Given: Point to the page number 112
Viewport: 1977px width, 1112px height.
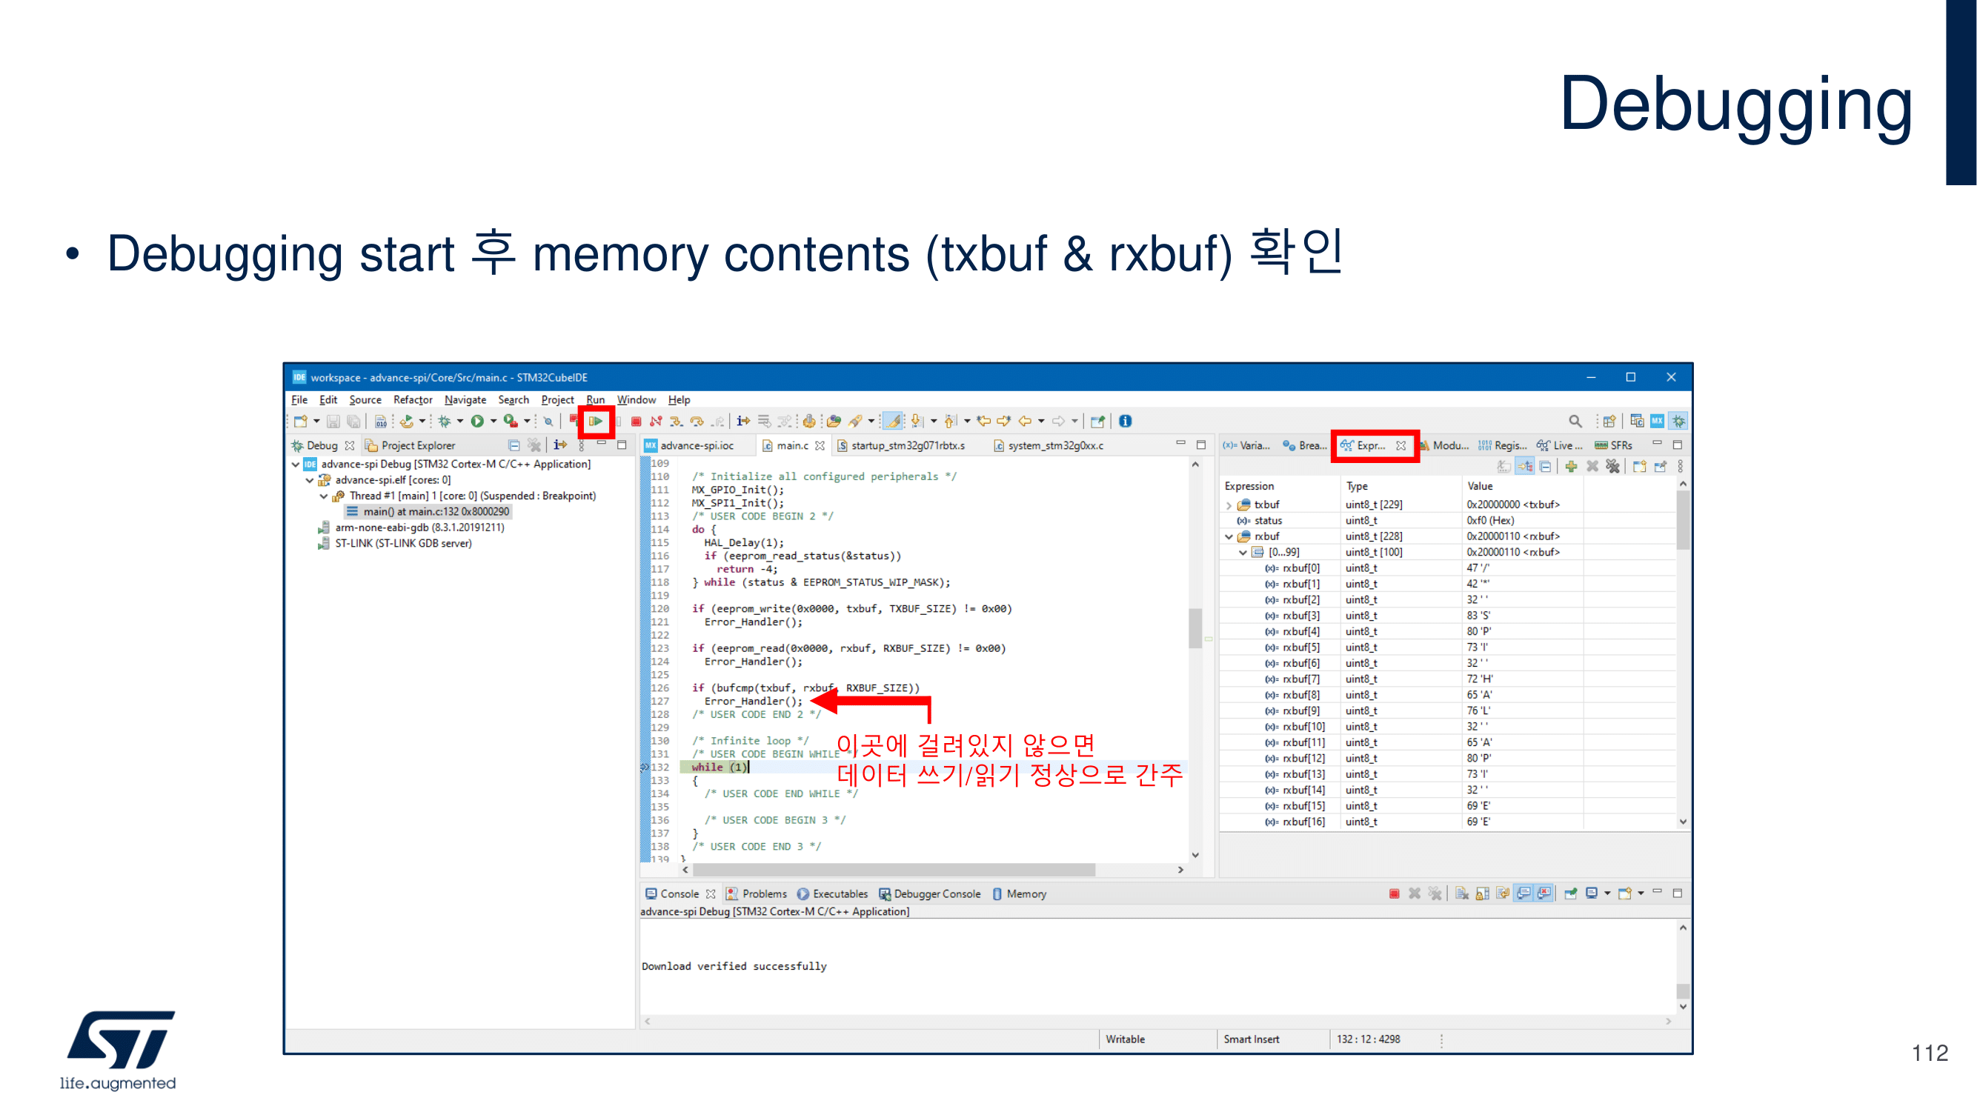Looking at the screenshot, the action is point(1929,1052).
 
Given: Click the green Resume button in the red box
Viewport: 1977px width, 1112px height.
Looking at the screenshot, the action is point(596,421).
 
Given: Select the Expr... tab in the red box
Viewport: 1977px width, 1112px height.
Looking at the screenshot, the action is point(1371,445).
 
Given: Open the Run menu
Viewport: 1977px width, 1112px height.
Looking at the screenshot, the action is point(595,400).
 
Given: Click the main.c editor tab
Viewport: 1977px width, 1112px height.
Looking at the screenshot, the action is point(791,445).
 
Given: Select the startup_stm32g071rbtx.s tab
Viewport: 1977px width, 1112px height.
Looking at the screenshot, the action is point(907,445).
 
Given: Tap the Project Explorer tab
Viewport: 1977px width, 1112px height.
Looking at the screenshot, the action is point(417,445).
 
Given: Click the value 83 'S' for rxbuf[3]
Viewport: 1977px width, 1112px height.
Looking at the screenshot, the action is point(1478,616).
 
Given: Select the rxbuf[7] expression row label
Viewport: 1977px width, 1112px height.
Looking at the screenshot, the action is point(1301,679).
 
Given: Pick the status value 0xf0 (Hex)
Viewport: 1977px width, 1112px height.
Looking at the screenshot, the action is point(1489,520).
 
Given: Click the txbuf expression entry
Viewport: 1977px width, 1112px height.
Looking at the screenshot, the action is point(1266,505).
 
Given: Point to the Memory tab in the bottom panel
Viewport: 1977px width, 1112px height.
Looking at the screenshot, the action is point(1026,893).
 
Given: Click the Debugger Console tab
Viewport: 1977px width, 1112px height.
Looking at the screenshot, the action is point(937,893).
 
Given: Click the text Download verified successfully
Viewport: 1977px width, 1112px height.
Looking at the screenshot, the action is point(734,966).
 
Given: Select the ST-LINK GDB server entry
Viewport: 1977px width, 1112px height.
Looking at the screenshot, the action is point(403,543).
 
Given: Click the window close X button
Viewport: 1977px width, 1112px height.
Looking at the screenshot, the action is point(1671,377).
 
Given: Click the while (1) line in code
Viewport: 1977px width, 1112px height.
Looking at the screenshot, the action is point(718,767).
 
